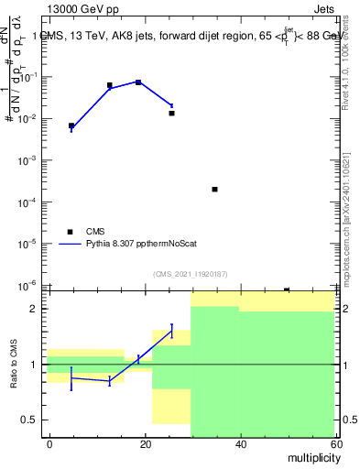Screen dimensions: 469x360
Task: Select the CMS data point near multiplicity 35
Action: pyautogui.click(x=214, y=189)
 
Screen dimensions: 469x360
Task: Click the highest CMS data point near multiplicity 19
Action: pyautogui.click(x=138, y=82)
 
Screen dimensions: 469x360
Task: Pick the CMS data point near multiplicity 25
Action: pyautogui.click(x=171, y=113)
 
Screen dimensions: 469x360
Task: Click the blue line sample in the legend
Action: pyautogui.click(x=71, y=245)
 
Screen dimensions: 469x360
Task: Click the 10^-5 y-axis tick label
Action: pyautogui.click(x=27, y=244)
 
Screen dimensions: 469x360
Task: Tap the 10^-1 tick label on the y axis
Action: pyautogui.click(x=27, y=77)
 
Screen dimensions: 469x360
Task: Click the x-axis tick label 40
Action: pyautogui.click(x=241, y=443)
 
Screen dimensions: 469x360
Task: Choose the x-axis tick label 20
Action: pyautogui.click(x=146, y=443)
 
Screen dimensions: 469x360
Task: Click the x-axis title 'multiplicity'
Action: pyautogui.click(x=309, y=456)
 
